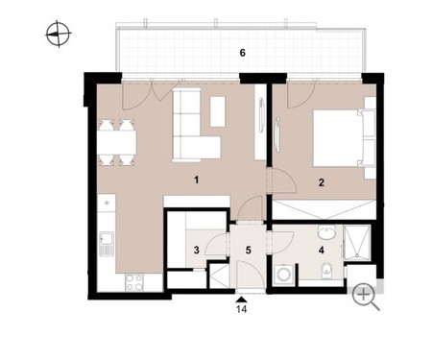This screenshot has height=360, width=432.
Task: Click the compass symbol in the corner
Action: [x=59, y=34]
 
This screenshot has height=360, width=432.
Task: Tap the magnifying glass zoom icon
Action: [x=366, y=298]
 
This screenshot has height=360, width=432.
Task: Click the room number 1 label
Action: [x=197, y=180]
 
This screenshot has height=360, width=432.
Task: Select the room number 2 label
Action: [x=322, y=182]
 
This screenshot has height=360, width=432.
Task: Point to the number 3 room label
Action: [x=197, y=250]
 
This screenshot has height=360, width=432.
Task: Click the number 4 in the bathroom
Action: [x=322, y=250]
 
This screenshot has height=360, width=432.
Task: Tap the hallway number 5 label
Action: [x=249, y=250]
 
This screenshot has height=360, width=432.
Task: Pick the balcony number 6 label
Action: [x=243, y=53]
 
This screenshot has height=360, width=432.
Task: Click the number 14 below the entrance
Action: [x=242, y=309]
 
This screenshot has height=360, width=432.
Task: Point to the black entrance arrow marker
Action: [x=242, y=300]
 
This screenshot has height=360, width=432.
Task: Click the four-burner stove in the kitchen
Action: [x=134, y=283]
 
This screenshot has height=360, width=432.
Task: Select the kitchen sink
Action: [x=107, y=244]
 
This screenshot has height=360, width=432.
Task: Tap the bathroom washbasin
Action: [x=326, y=231]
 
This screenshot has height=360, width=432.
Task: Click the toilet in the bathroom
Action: [x=325, y=270]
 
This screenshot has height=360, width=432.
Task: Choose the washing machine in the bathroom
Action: [x=283, y=273]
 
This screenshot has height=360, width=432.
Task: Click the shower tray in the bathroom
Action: [x=357, y=242]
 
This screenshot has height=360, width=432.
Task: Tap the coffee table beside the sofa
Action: [x=218, y=111]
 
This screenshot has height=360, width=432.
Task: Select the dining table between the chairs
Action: [x=117, y=143]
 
